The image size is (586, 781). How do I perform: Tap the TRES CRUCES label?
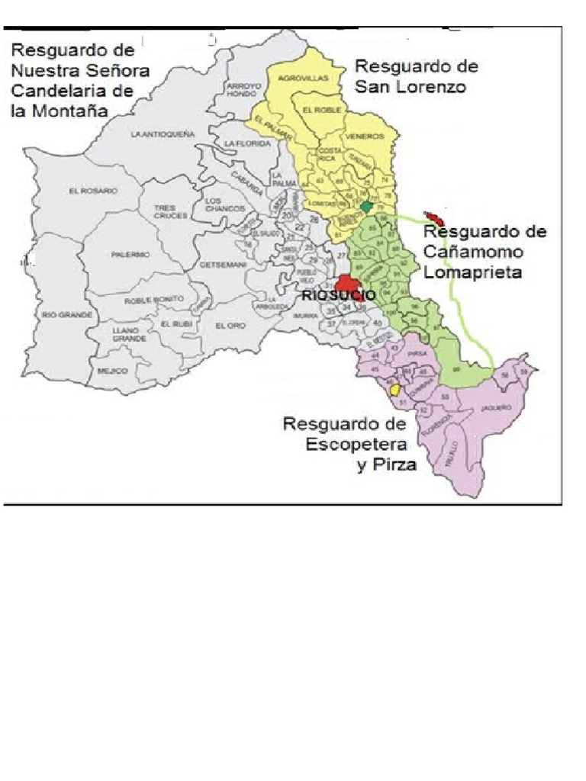(165, 211)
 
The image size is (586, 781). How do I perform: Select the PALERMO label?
(130, 255)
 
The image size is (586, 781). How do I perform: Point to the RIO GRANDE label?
(67, 314)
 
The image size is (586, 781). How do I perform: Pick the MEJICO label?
(111, 371)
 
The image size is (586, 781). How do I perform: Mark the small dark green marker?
(367, 207)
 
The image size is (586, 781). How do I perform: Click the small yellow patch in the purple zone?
(395, 389)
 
